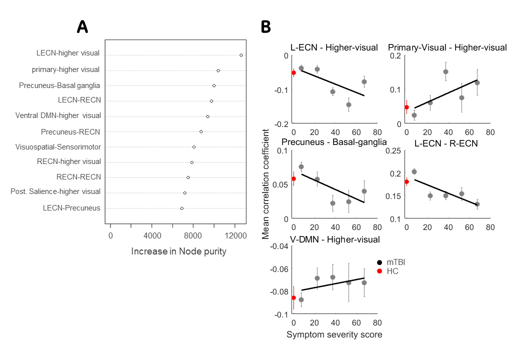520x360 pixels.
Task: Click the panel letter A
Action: pos(82,27)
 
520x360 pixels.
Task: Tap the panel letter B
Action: pos(266,27)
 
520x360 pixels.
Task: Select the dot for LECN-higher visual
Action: pos(241,55)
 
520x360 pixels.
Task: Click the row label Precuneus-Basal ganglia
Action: pos(59,85)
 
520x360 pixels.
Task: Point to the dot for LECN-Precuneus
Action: pos(181,208)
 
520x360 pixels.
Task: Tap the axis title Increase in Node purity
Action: pos(178,251)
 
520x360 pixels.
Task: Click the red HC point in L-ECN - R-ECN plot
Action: pos(406,182)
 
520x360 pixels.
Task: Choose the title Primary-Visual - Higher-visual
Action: pos(447,47)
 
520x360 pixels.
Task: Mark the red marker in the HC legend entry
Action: pos(380,271)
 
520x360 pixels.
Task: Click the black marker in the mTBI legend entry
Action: pos(380,262)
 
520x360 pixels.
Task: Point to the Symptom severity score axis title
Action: pos(334,334)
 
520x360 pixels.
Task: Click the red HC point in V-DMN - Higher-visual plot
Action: pos(293,297)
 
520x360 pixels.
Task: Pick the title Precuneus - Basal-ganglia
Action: pos(333,142)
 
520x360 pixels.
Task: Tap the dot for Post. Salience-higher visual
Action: pos(184,192)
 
